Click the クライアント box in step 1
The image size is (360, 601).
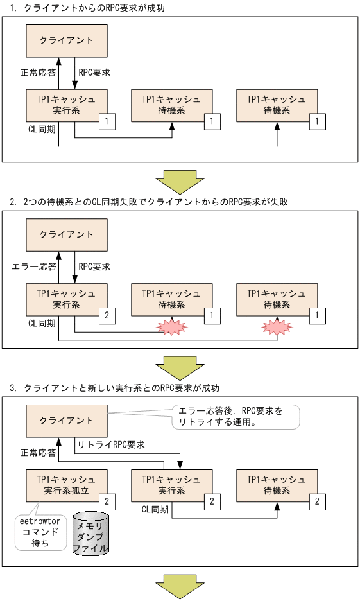tap(65, 40)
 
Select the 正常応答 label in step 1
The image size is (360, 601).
tap(37, 73)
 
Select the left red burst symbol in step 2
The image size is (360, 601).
tap(173, 327)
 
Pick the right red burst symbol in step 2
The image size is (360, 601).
tap(277, 327)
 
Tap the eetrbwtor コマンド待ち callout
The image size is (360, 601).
tap(40, 531)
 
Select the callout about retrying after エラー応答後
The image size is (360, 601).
tap(236, 417)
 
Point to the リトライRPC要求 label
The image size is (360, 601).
tap(110, 444)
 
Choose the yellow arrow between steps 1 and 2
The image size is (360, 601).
tap(180, 182)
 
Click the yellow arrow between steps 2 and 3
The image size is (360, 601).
tap(180, 368)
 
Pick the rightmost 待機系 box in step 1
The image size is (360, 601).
tap(277, 105)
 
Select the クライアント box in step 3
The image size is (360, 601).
tap(65, 420)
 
